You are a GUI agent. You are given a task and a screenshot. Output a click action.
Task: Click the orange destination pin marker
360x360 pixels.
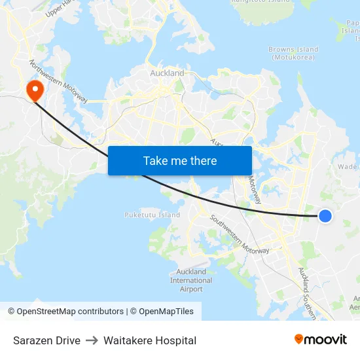point(33,90)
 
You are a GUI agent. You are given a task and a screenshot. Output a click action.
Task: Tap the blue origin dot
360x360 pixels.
point(325,215)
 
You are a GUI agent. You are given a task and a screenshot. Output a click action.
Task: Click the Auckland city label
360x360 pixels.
point(167,73)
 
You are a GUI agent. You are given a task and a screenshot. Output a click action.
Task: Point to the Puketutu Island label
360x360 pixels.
point(152,215)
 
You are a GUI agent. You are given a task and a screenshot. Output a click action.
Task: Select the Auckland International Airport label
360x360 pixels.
point(191,280)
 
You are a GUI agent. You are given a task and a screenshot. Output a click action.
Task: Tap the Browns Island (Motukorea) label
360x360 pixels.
point(293,53)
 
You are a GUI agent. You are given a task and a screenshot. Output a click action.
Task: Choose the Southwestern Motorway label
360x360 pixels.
point(239,234)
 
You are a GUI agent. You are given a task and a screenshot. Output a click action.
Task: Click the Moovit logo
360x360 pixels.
point(320,340)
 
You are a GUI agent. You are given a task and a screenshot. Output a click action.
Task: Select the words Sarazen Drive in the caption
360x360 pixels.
point(46,340)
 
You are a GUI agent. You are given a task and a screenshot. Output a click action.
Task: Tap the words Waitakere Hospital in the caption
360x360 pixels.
point(150,340)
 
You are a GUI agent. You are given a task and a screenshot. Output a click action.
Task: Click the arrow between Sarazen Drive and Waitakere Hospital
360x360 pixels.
point(92,340)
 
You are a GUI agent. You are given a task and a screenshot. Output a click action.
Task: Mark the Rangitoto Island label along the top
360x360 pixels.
point(260,2)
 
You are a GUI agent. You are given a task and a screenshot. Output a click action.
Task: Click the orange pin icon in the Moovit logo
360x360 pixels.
point(299,339)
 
